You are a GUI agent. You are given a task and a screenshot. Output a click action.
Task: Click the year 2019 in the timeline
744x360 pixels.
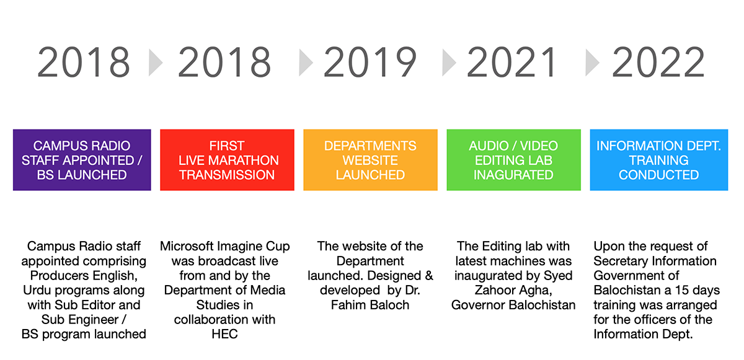coord(370,62)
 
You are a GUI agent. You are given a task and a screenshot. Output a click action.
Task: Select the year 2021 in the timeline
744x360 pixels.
coord(511,62)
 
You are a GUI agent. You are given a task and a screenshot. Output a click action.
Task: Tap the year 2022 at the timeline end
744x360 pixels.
coord(658,62)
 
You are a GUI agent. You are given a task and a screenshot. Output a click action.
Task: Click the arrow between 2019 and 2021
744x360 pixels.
coord(449,63)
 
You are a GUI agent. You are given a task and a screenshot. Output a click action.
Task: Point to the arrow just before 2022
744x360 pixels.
coord(592,63)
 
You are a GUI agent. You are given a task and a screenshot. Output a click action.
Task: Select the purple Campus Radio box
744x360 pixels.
coord(82,160)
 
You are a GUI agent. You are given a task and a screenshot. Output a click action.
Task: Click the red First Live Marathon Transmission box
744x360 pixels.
coord(227,160)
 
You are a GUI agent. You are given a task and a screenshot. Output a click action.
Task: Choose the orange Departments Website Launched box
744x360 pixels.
coord(370,160)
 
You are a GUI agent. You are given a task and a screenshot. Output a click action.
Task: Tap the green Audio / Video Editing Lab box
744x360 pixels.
coord(514,160)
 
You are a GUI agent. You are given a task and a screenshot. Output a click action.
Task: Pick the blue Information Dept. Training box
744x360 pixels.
coord(659,160)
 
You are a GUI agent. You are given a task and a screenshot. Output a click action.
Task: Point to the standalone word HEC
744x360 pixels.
coord(225,334)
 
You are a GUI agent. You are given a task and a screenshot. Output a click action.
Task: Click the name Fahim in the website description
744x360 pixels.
coord(348,305)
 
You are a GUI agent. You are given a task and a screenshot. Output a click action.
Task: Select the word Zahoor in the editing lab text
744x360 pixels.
coord(494,291)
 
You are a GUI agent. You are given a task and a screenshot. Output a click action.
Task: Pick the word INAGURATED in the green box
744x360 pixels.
coord(513,175)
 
